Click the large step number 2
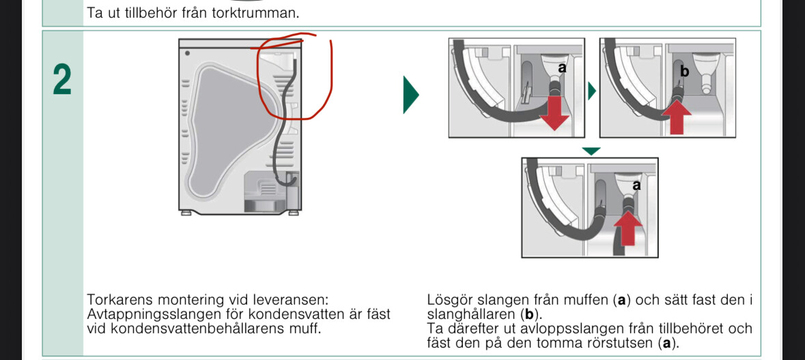[x=62, y=81]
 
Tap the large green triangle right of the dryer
[x=411, y=94]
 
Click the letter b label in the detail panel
[x=684, y=72]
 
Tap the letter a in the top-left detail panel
[x=562, y=67]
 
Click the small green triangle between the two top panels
[x=592, y=92]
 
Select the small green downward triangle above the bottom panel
[x=592, y=151]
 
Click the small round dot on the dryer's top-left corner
[x=187, y=53]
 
